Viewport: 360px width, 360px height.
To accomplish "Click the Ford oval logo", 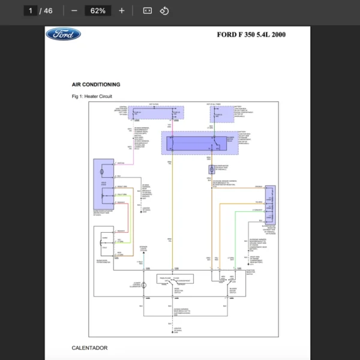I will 63,34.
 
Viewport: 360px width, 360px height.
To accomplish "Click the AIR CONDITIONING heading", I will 95,85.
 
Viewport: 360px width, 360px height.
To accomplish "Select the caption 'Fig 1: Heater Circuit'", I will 91,96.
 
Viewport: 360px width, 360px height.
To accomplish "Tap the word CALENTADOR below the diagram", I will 89,348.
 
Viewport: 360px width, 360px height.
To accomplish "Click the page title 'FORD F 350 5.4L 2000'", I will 251,34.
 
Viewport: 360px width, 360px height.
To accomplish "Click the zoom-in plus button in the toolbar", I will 122,11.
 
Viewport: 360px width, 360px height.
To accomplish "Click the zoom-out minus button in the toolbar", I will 74,11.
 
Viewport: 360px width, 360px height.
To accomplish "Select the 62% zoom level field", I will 98,11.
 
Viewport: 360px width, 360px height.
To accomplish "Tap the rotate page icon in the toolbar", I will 164,11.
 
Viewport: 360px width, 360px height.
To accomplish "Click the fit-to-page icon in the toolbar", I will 148,11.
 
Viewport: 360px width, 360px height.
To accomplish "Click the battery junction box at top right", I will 222,113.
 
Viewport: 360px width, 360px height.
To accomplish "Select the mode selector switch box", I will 175,279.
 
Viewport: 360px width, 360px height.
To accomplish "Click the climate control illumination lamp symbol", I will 144,286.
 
